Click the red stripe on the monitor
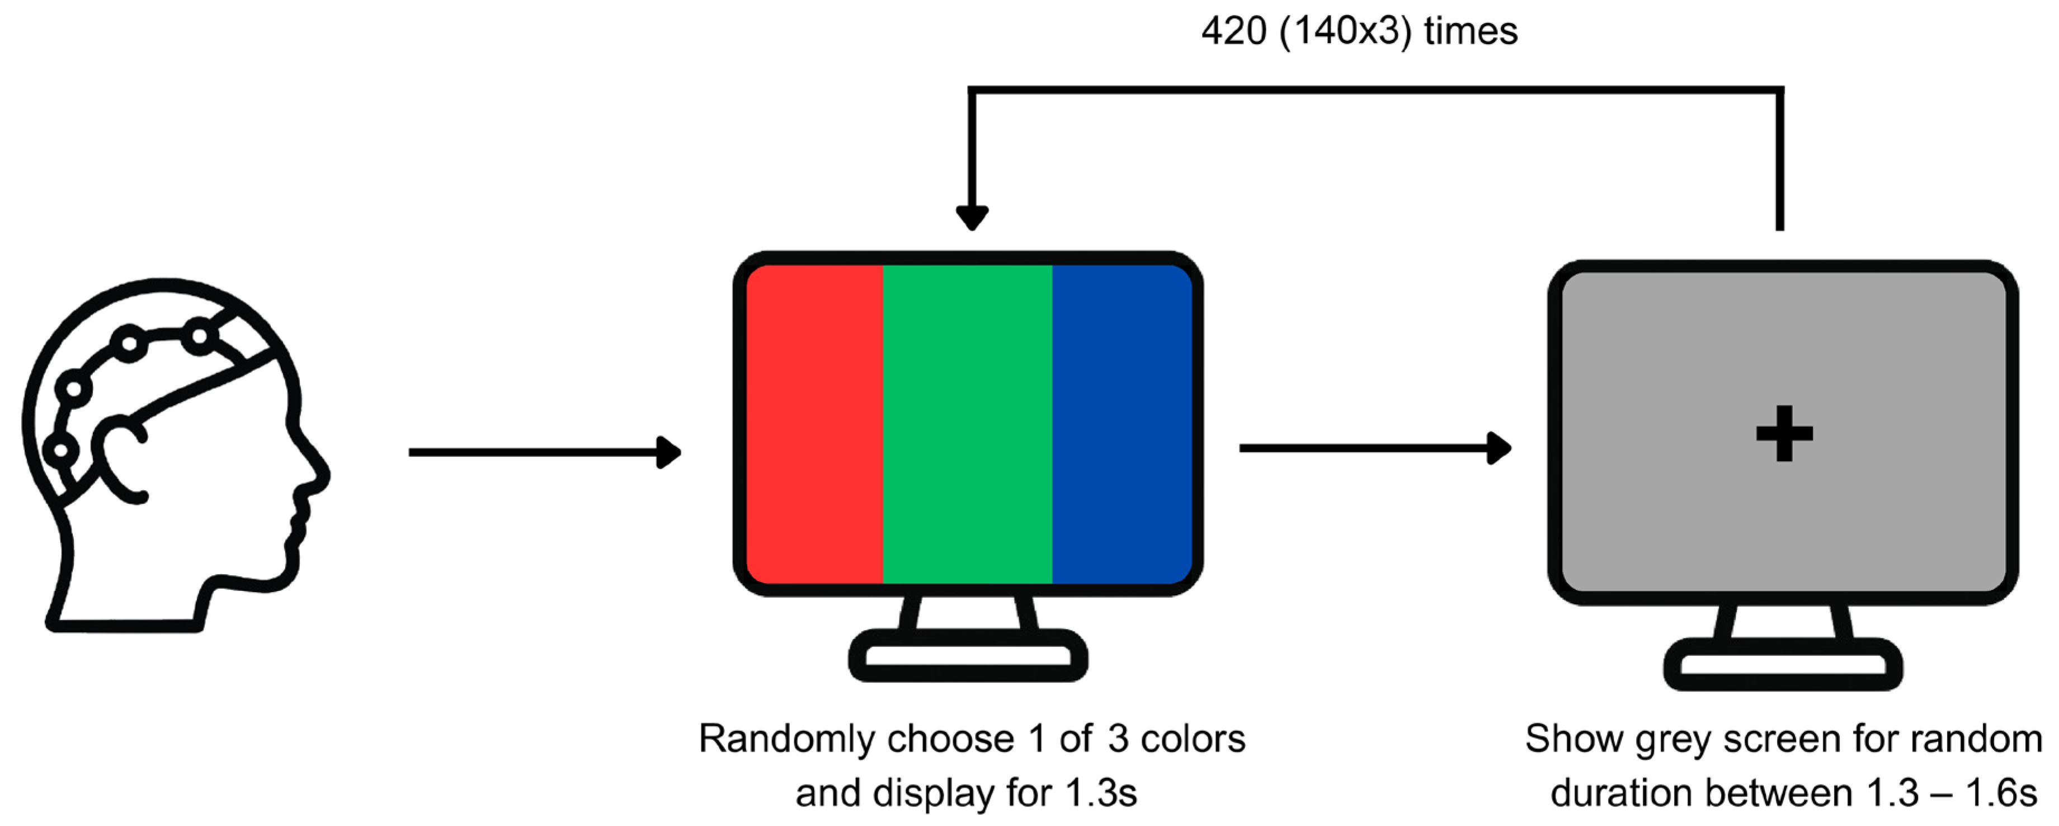pyautogui.click(x=814, y=424)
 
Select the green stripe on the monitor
pyautogui.click(x=967, y=424)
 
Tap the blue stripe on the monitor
pyautogui.click(x=1122, y=424)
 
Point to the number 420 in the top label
pyautogui.click(x=1234, y=32)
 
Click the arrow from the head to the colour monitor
pyautogui.click(x=544, y=453)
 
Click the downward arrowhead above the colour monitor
pyautogui.click(x=972, y=217)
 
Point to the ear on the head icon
pyautogui.click(x=120, y=460)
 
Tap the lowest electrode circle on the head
pyautogui.click(x=60, y=450)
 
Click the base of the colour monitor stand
pyautogui.click(x=967, y=656)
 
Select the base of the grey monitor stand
pyautogui.click(x=1783, y=664)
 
